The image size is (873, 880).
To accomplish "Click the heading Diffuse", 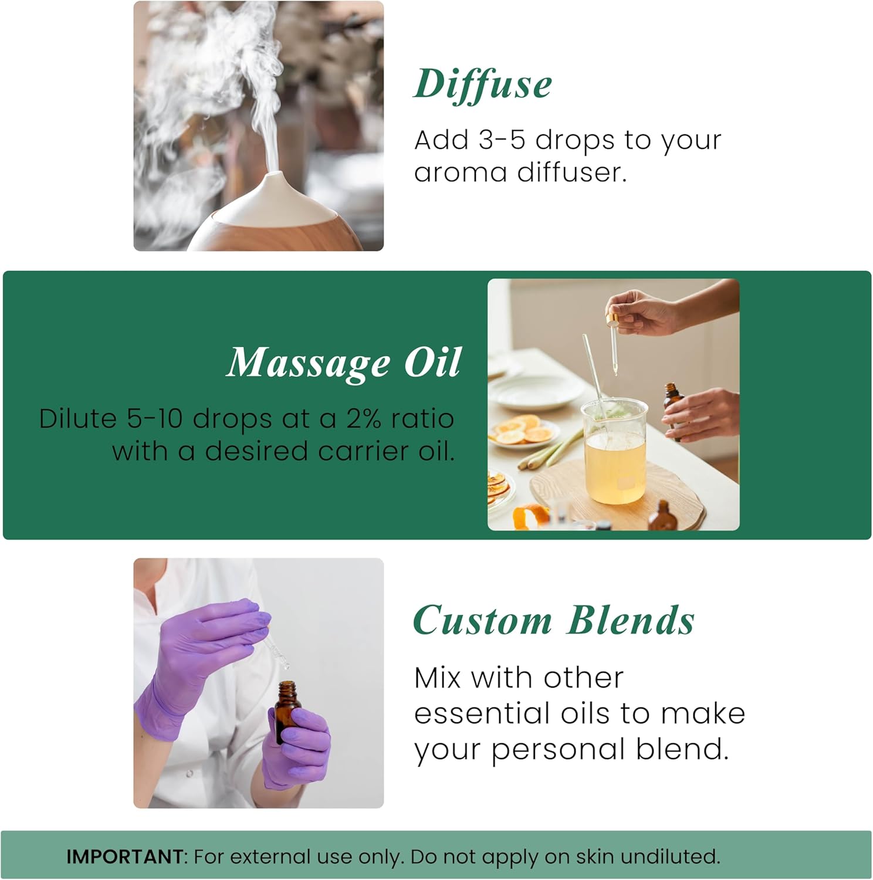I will tap(482, 84).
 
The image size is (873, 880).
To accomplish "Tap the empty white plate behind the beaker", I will tap(531, 392).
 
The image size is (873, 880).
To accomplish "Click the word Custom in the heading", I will tap(482, 621).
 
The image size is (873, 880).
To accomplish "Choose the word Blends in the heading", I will tap(631, 621).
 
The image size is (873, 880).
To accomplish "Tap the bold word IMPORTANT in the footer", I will tap(125, 857).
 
